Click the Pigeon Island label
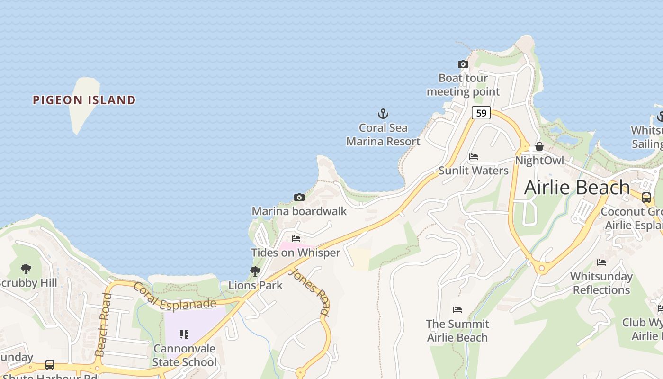coord(84,100)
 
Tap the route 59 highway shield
coord(481,113)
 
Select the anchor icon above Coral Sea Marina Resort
coord(383,114)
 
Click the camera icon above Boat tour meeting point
coord(463,64)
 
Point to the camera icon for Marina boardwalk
coord(299,197)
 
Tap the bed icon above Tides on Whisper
coord(296,239)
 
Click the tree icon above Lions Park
coord(255,271)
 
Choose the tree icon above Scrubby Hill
coord(26,269)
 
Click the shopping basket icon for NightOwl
coord(539,146)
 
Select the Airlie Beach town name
coord(577,188)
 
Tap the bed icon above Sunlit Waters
coord(473,157)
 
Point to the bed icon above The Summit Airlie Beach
coord(457,310)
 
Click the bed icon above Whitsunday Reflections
coord(601,262)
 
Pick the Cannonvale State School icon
coord(184,334)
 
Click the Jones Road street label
coord(310,292)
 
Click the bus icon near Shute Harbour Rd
coord(50,365)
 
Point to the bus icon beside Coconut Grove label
coord(646,198)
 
